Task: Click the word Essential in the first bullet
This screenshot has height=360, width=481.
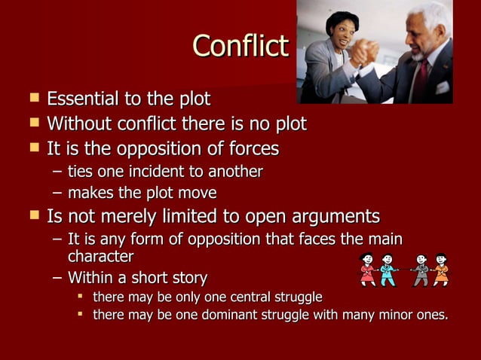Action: pos(82,99)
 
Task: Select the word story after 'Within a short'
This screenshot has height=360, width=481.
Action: pos(186,277)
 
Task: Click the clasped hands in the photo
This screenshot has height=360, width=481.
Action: pos(369,52)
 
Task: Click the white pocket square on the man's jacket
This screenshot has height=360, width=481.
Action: pos(443,88)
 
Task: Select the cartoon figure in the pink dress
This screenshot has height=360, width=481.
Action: pos(369,270)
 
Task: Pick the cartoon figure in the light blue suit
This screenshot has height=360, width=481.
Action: pos(388,270)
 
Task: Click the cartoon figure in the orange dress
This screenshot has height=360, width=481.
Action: pos(441,270)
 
